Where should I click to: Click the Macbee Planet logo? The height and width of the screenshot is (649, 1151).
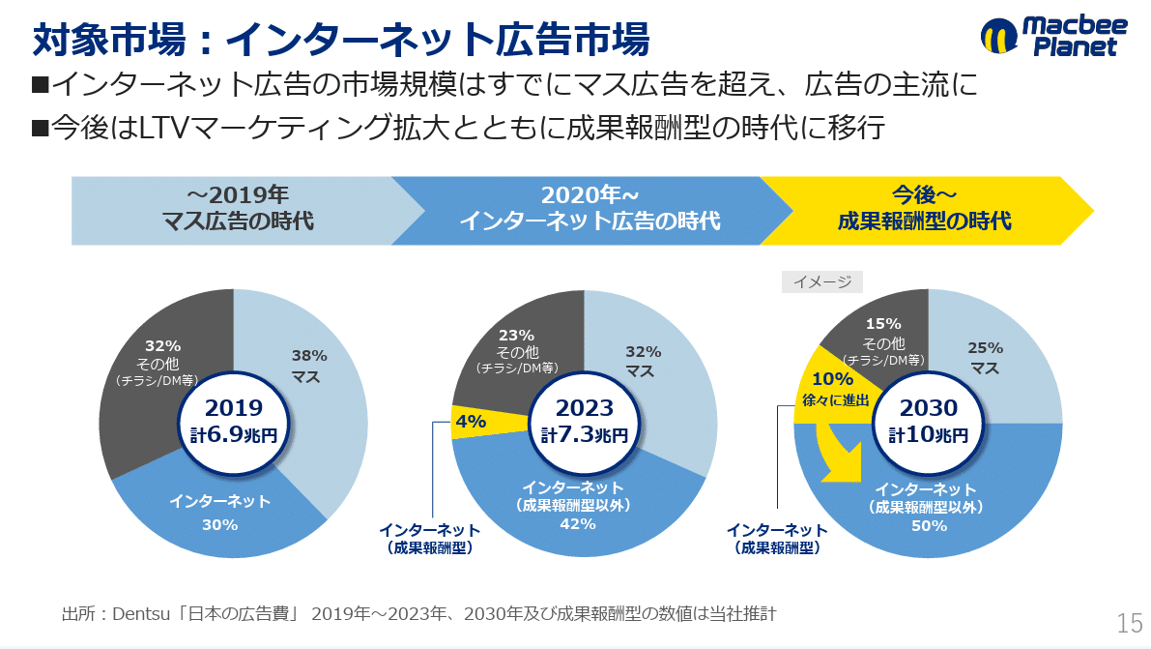coord(1052,37)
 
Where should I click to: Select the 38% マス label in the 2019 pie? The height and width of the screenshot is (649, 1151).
coord(310,366)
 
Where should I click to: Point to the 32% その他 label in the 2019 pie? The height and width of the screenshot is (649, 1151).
coord(162,361)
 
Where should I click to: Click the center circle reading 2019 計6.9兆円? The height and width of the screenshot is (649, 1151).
coord(233,422)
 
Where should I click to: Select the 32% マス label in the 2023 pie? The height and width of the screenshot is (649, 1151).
coord(643,361)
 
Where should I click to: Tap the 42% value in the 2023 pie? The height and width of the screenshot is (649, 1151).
coord(577,524)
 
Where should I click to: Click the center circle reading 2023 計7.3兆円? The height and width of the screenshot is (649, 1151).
coord(584,422)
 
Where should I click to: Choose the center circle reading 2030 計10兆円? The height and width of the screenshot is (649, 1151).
coord(929,422)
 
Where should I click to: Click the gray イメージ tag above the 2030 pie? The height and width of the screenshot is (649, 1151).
coord(821,281)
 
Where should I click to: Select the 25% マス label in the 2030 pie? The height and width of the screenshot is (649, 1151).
coord(985,357)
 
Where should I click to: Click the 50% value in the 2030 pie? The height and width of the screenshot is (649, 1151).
coord(928,526)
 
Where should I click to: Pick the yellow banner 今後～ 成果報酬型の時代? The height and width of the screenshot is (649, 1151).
coord(923,209)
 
